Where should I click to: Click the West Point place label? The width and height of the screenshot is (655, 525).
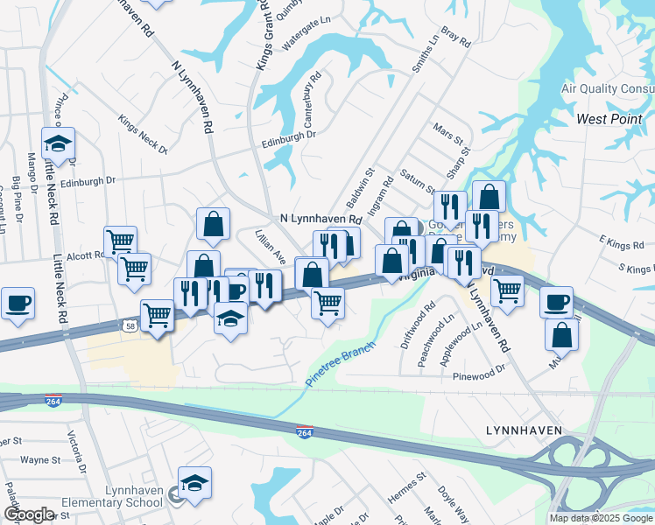coord(609,118)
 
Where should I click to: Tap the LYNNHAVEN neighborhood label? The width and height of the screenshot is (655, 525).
coord(524,430)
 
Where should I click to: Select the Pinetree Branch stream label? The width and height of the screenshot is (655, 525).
coord(341,365)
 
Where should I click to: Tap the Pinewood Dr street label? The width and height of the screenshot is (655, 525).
coord(480,377)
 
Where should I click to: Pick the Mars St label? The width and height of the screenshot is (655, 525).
coord(447,136)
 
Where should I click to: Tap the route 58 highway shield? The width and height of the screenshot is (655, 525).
coord(129,325)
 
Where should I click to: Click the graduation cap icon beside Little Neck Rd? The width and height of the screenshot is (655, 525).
coord(58,143)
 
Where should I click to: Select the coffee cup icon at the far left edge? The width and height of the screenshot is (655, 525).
coord(18,303)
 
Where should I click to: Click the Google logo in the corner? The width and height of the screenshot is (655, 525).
coord(28,514)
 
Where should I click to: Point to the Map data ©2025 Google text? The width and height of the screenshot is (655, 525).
coord(601,518)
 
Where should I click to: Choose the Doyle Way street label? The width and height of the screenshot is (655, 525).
coord(452,503)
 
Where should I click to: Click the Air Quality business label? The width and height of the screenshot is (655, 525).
coord(606,89)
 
